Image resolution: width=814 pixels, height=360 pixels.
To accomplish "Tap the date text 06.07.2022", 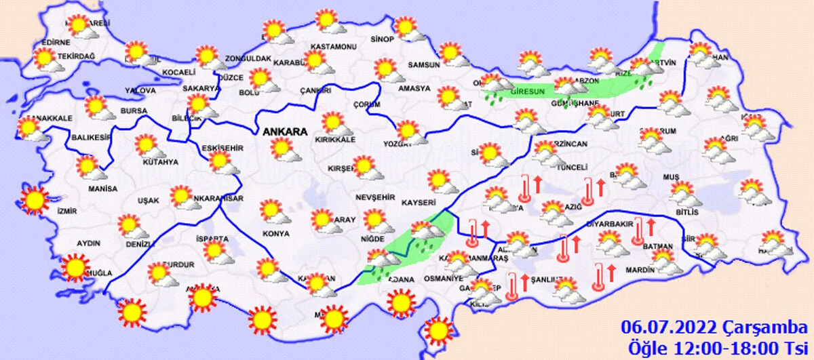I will (x=669, y=329).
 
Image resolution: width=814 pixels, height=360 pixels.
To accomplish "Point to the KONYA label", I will (x=276, y=233).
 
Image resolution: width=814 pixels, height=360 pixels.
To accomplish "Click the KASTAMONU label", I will (x=333, y=47).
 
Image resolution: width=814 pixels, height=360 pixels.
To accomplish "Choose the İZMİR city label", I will (x=69, y=211).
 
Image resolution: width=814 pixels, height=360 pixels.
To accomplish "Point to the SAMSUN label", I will (x=424, y=65).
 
